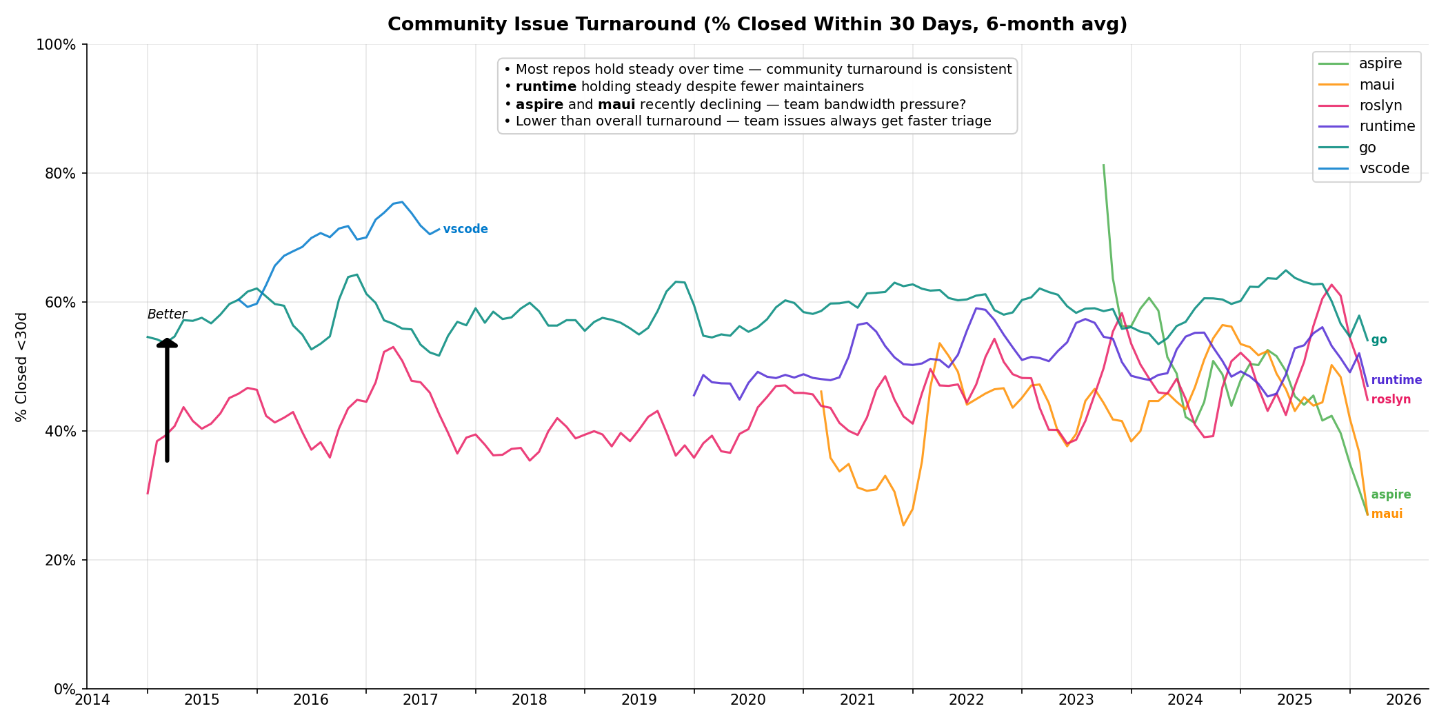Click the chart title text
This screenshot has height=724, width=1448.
757,25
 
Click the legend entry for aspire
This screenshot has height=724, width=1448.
1380,64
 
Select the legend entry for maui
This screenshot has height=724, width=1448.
1376,85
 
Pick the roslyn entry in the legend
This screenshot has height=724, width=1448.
1380,105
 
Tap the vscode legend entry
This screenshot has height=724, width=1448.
1384,168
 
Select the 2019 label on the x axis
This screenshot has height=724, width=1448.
638,700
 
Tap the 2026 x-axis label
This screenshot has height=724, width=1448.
1403,700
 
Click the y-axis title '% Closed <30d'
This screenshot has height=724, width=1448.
22,367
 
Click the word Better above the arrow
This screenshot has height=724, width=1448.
167,314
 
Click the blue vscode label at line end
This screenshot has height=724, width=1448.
465,230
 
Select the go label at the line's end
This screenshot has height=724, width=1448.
1379,340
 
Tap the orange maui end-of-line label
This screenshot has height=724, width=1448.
1387,514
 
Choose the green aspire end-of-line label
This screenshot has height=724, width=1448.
1391,495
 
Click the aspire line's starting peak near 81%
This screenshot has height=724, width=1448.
1103,165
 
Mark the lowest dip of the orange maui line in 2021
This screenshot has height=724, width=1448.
903,525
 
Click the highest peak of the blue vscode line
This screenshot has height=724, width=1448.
402,202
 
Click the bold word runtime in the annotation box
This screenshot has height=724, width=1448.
545,87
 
